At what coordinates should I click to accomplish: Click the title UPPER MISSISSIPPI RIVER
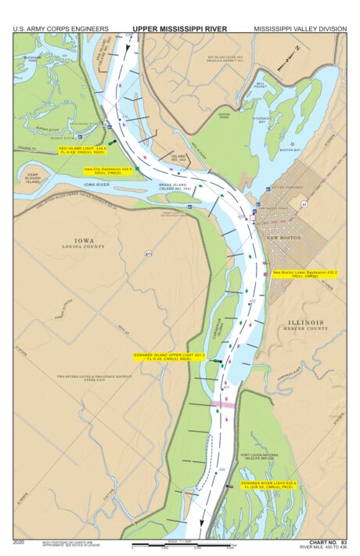point(179,29)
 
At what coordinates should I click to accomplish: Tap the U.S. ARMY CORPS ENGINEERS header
point(60,29)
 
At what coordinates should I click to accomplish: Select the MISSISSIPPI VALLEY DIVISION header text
point(300,29)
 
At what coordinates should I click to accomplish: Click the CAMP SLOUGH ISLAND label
point(32,178)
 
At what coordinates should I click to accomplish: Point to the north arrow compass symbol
point(291,53)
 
